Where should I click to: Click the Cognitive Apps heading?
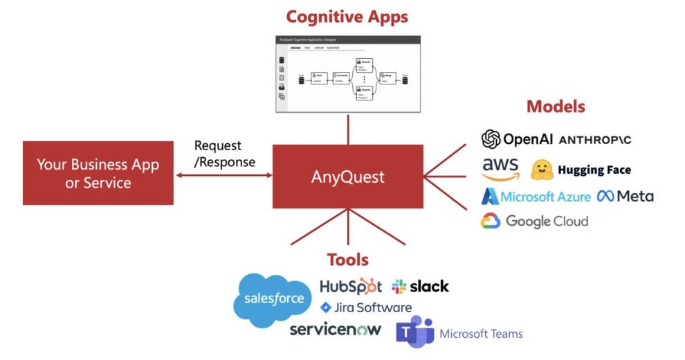(x=347, y=16)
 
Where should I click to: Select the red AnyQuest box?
(x=347, y=177)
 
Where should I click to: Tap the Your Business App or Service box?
(x=98, y=173)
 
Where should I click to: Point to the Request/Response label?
(x=224, y=154)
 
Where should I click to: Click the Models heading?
(x=556, y=107)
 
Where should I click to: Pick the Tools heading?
(x=347, y=260)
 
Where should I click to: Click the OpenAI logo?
(x=517, y=139)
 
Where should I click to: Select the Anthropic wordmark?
(x=594, y=140)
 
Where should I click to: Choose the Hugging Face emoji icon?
(x=542, y=170)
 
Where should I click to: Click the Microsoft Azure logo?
(x=536, y=197)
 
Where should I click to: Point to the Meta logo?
(x=625, y=196)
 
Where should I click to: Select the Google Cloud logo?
(x=535, y=222)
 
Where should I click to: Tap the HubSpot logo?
(x=350, y=286)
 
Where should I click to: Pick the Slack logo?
(x=420, y=286)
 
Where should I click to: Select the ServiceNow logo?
(x=335, y=329)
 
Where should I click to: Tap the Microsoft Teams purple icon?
(x=414, y=332)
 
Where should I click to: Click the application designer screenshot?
(x=347, y=74)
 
